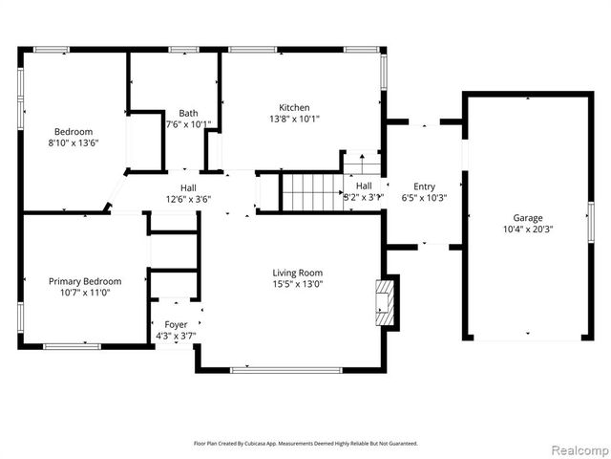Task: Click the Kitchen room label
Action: [x=294, y=107]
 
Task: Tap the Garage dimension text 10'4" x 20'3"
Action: [x=528, y=229]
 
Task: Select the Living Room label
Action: [x=298, y=272]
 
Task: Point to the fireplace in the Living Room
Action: [x=387, y=303]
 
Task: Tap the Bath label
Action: [x=187, y=113]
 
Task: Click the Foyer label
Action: [x=176, y=325]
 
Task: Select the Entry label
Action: [x=424, y=186]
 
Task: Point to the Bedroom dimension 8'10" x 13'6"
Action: [x=73, y=142]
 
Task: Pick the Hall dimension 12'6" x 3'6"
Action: [x=188, y=200]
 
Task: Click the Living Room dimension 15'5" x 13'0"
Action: [x=298, y=284]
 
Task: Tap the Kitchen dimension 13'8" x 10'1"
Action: [x=294, y=120]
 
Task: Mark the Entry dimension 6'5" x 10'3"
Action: [x=424, y=199]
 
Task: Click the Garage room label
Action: [x=528, y=218]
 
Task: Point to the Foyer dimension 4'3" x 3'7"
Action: [x=176, y=337]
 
